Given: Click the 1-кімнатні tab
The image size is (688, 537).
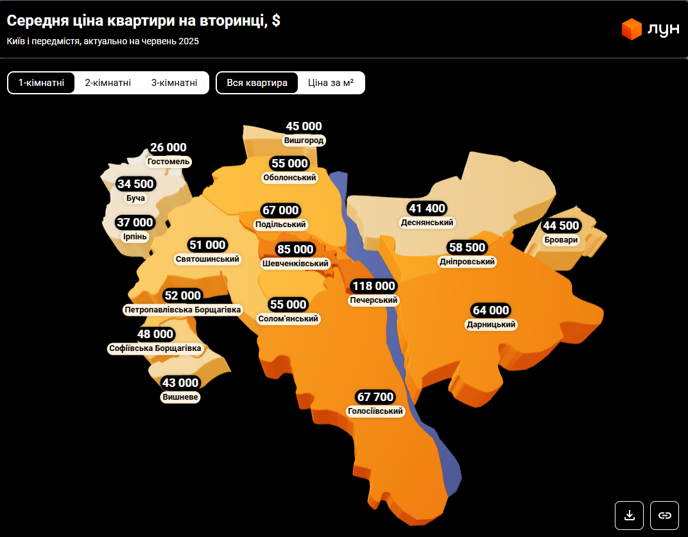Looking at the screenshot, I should [x=41, y=83].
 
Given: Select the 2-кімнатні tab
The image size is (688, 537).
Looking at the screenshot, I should [x=108, y=83].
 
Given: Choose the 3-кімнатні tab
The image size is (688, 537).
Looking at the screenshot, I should [x=174, y=83].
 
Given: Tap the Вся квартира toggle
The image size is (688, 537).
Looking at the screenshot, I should [x=257, y=83].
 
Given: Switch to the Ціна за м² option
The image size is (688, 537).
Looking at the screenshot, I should [x=331, y=83].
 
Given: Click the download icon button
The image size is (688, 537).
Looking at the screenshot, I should [x=630, y=515].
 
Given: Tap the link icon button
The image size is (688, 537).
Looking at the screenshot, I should [x=665, y=515].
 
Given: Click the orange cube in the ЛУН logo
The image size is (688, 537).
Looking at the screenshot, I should [x=632, y=29].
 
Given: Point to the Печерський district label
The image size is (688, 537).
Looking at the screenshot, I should [x=374, y=300].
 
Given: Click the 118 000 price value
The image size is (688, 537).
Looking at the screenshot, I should [x=374, y=286].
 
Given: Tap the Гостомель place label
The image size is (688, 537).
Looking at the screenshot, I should [x=169, y=162].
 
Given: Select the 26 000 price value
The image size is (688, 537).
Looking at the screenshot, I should [x=169, y=148].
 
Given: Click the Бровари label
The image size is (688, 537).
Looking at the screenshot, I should [x=561, y=240].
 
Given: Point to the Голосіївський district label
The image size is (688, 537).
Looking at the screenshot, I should [x=375, y=411].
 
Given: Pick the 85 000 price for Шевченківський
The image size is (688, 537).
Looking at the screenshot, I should [x=295, y=250].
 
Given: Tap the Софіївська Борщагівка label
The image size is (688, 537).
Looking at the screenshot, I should [x=155, y=348].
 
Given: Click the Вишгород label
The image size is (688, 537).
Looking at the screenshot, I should [x=304, y=141].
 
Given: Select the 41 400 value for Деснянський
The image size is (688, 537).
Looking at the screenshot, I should [x=427, y=209].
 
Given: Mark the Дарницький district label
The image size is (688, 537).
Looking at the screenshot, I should [x=491, y=325].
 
